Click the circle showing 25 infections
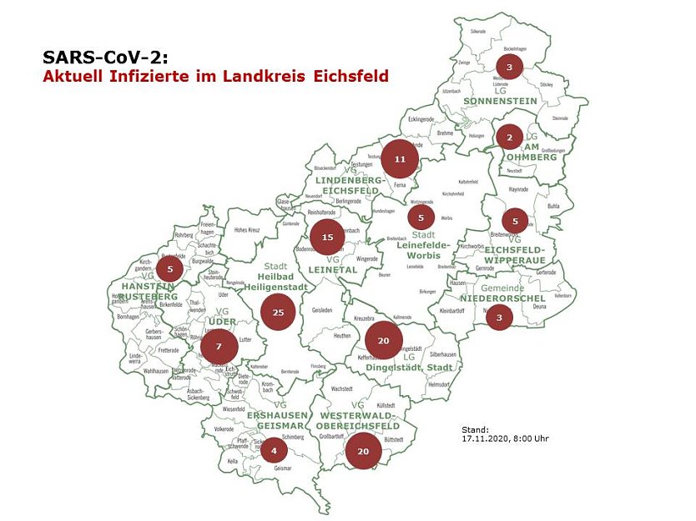278,313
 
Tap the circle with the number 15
327,237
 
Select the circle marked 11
400,158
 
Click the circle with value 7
219,346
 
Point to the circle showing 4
274,450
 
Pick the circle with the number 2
509,137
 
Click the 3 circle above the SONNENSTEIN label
509,67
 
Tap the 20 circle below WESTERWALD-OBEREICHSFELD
363,451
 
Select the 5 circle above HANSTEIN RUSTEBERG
170,268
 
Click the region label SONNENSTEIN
501,100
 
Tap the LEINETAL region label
337,270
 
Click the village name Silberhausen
442,354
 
